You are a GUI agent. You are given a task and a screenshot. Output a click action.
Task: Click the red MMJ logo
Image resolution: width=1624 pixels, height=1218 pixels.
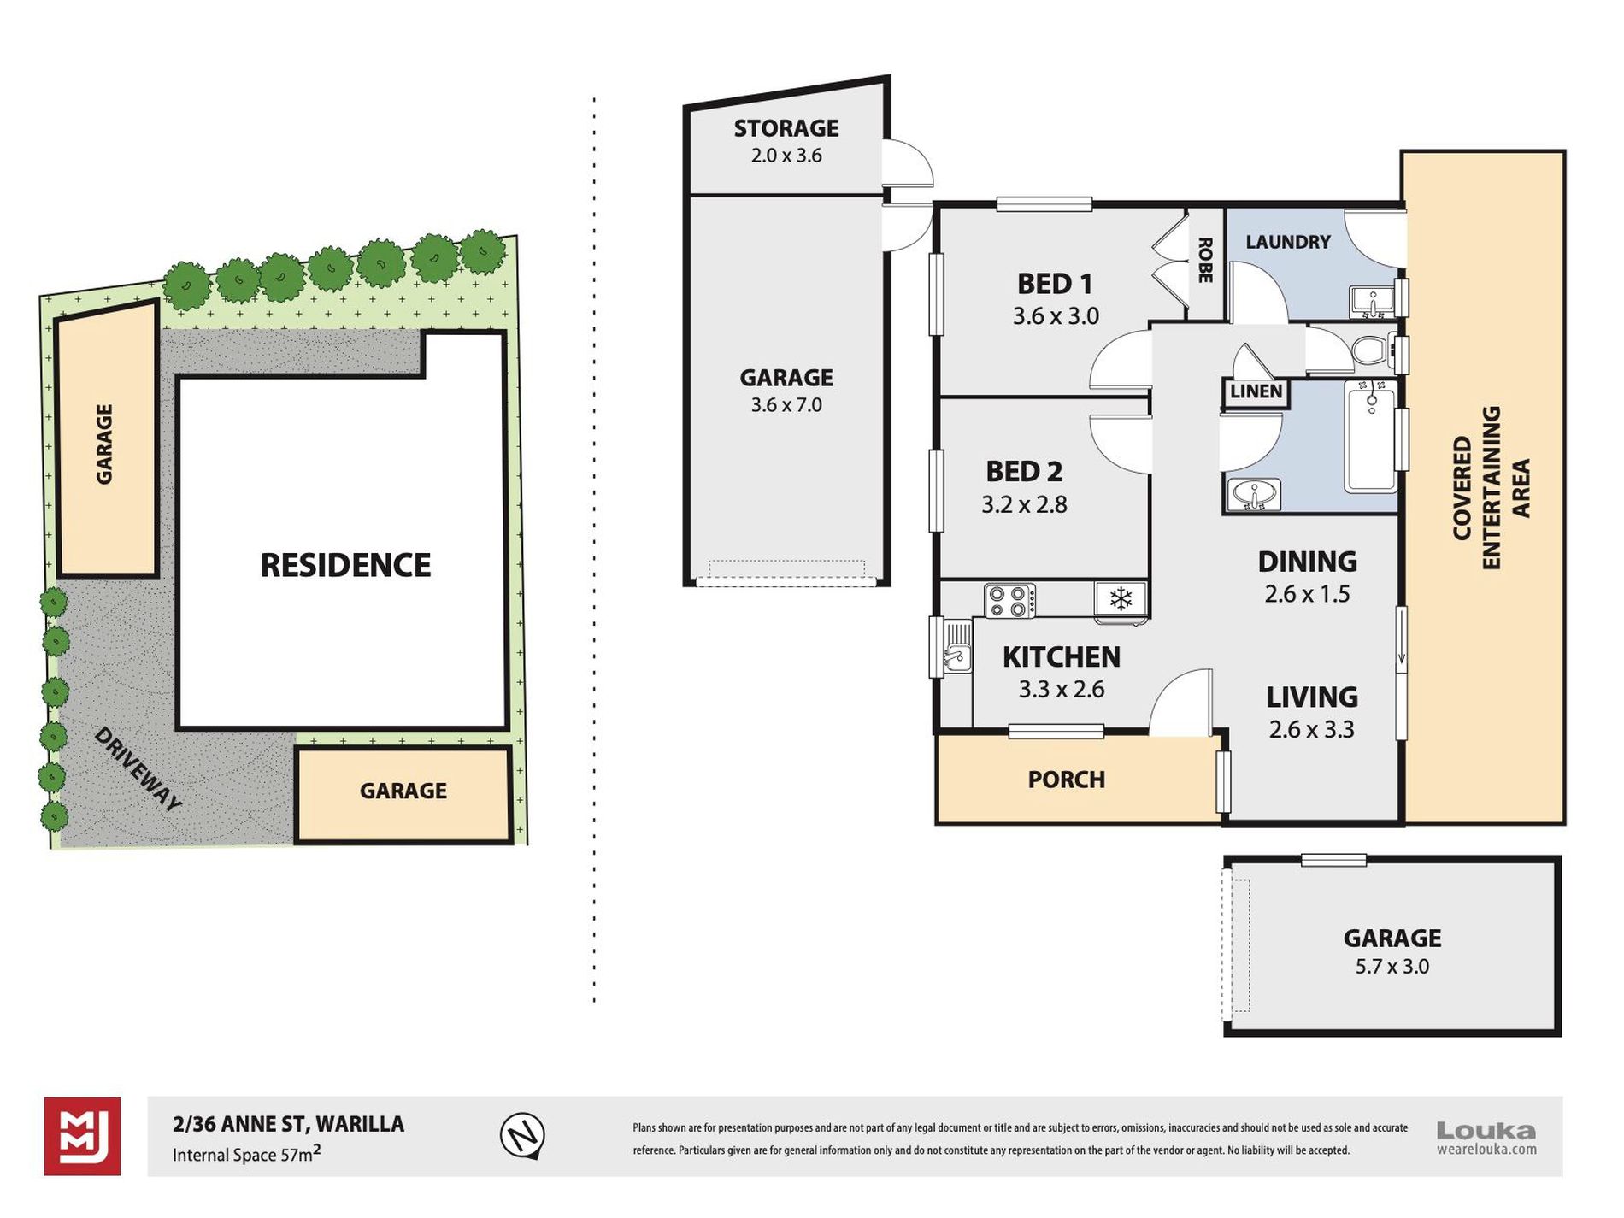[82, 1136]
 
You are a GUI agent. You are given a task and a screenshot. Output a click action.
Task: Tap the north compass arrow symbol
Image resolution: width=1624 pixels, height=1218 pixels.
[522, 1136]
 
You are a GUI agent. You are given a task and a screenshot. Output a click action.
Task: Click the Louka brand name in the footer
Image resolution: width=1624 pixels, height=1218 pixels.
[1486, 1131]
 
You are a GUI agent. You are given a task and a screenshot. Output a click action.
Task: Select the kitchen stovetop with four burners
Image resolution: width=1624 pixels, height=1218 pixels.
[1009, 599]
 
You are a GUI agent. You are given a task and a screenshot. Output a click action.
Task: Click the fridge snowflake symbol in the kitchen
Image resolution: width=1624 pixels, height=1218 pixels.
[1121, 599]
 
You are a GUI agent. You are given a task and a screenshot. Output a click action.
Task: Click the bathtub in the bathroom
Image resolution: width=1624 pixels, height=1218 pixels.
[1372, 436]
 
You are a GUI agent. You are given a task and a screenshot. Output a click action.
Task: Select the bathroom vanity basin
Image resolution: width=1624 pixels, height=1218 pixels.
[1254, 495]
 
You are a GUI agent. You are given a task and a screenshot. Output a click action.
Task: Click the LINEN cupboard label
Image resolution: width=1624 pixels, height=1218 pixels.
[1256, 391]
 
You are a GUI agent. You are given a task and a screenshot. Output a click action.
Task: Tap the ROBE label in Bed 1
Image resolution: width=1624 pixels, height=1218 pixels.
[1205, 260]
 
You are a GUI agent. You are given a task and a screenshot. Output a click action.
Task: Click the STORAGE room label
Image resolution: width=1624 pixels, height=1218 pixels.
[786, 128]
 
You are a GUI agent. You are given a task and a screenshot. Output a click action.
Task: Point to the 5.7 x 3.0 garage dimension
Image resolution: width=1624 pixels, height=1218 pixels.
[1392, 967]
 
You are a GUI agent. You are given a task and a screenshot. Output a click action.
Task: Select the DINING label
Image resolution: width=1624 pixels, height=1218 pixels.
[1308, 562]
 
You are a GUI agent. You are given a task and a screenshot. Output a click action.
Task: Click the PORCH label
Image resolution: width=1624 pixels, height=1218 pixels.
[1067, 780]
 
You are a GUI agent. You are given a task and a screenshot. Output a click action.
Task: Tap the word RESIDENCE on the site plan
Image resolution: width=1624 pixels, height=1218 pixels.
[345, 565]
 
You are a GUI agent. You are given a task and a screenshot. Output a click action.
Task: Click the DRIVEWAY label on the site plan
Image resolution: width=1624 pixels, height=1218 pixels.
[138, 769]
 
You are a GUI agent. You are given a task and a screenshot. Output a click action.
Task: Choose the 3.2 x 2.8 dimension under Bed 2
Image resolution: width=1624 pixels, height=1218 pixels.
[1024, 504]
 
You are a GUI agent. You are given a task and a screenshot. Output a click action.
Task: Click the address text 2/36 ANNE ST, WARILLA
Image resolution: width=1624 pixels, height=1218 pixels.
[289, 1124]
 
